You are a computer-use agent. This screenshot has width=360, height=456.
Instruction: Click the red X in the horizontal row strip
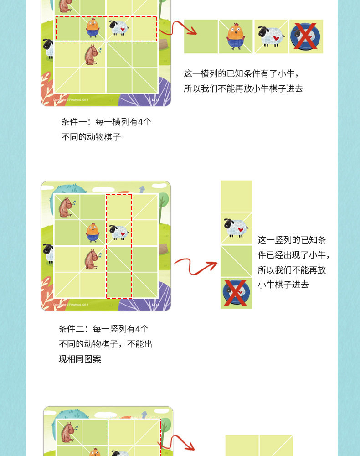click(306, 36)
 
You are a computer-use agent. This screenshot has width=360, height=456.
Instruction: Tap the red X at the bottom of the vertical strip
click(236, 293)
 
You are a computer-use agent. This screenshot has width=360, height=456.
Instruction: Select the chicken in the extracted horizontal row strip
click(236, 36)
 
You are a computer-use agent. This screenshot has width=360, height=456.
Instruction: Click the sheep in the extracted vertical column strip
click(236, 228)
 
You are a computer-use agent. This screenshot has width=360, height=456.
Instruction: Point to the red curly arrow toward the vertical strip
click(195, 265)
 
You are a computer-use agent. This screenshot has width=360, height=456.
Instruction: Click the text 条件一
click(74, 122)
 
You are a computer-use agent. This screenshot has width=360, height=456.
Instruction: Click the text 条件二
click(71, 329)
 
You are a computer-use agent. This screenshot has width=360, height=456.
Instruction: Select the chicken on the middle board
click(93, 233)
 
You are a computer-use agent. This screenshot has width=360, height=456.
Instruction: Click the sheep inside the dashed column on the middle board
click(119, 232)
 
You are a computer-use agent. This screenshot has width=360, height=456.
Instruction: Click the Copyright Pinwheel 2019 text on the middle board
click(70, 305)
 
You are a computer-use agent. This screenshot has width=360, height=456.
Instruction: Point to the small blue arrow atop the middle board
click(142, 189)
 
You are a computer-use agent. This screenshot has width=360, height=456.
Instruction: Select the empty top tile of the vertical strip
click(236, 196)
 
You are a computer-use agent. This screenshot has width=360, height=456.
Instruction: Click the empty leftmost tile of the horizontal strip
click(201, 36)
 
